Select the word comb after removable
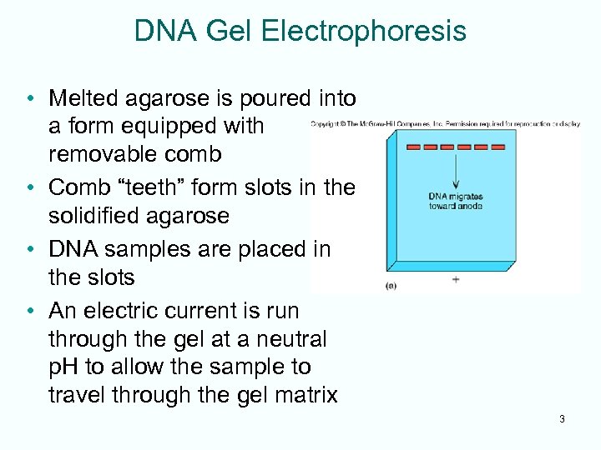[x=198, y=154]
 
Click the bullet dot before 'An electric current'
[x=30, y=311]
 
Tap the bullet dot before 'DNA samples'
[x=30, y=249]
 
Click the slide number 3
[x=562, y=419]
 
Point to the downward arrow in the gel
[x=456, y=171]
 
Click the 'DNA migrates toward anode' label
[x=456, y=202]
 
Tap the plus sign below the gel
[x=456, y=280]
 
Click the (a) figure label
[x=391, y=285]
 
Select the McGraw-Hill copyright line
[x=445, y=124]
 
